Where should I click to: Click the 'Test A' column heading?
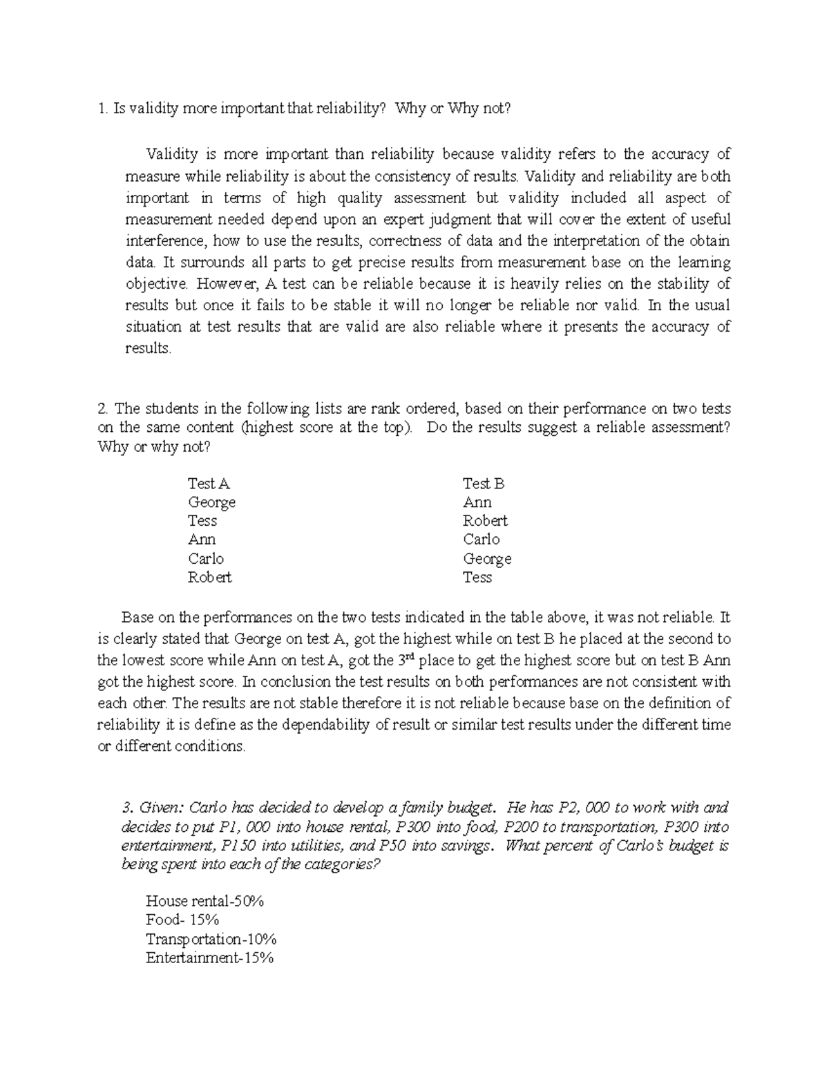click(x=209, y=484)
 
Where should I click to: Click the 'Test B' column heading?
click(x=484, y=484)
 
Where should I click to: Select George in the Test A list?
click(x=211, y=502)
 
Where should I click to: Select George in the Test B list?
click(x=487, y=558)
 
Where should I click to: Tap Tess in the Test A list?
click(x=202, y=521)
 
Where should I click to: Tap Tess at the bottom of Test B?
click(x=477, y=577)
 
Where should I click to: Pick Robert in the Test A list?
click(x=210, y=577)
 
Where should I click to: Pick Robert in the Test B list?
click(x=485, y=521)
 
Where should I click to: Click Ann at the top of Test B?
click(x=477, y=502)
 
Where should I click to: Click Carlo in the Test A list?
click(x=206, y=558)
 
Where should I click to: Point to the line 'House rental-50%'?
click(x=206, y=901)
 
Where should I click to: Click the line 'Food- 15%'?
click(x=182, y=920)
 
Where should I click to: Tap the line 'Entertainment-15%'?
click(x=210, y=958)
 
